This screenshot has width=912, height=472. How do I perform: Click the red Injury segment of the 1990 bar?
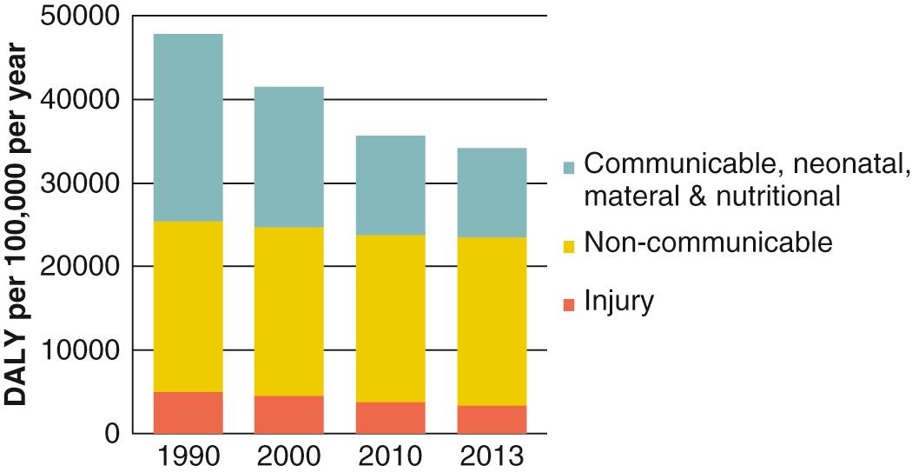tap(188, 412)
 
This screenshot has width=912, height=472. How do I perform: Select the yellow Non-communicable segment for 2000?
tap(288, 311)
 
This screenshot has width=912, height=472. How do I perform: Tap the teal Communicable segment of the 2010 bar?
tap(390, 185)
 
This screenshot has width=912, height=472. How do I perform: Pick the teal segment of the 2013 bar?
tap(492, 192)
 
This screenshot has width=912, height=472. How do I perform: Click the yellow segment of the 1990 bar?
tap(188, 306)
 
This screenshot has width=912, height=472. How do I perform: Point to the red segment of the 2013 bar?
tap(492, 419)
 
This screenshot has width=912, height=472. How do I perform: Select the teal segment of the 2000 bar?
tap(288, 156)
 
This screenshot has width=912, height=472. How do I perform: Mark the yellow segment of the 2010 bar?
tap(390, 318)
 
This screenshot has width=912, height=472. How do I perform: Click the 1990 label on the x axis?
tap(188, 455)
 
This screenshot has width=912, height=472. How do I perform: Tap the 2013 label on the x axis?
tap(492, 455)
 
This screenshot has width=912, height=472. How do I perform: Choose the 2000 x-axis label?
tap(288, 455)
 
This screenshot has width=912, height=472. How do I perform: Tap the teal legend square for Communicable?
tap(569, 164)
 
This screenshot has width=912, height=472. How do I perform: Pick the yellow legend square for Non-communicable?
tap(569, 247)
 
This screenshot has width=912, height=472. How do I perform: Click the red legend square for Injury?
tap(569, 304)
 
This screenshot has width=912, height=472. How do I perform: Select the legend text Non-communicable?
tap(708, 243)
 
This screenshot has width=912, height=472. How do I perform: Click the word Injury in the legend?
tap(618, 302)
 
